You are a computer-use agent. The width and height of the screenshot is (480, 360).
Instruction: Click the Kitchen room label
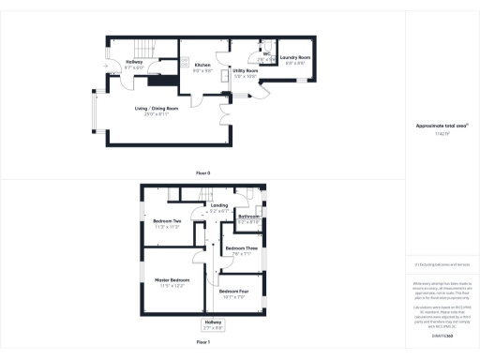tap(203, 65)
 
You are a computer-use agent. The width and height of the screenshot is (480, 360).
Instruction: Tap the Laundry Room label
tap(295, 59)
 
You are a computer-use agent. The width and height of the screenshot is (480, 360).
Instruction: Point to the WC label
tap(267, 54)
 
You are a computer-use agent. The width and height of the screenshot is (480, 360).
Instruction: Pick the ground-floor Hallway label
tap(134, 63)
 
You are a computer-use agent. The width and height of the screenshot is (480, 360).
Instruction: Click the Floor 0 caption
tap(202, 173)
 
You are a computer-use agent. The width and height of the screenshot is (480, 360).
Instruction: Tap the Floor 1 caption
tap(202, 343)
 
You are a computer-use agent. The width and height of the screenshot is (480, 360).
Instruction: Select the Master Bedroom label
tap(172, 280)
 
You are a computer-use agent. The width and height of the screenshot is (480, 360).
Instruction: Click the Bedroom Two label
tap(168, 220)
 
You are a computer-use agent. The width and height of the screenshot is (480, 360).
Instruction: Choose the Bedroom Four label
tap(233, 292)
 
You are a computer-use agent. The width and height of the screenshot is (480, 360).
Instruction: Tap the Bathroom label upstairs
tap(248, 217)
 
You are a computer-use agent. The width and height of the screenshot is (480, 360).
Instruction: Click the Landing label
tap(219, 204)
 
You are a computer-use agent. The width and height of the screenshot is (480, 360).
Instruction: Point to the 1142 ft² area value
tap(441, 134)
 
